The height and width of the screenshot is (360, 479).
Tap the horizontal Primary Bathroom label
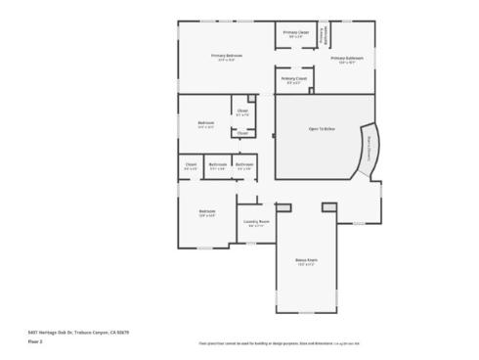[346, 58]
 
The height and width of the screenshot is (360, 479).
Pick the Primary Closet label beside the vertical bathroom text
[295, 33]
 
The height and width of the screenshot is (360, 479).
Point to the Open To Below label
[322, 128]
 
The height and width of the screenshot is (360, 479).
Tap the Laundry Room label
[256, 221]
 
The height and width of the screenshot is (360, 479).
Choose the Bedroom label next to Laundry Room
[207, 210]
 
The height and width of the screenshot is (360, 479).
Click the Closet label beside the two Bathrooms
[192, 164]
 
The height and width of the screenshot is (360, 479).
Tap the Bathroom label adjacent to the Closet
[217, 164]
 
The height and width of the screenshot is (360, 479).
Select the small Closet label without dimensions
[242, 133]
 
